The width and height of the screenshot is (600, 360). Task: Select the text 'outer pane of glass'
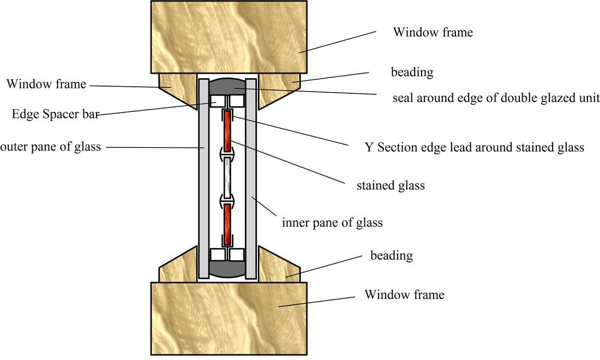(50, 147)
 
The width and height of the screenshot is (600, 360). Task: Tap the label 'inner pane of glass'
(332, 223)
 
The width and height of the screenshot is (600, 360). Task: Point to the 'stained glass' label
(390, 185)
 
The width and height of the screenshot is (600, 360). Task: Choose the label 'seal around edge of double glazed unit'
(496, 98)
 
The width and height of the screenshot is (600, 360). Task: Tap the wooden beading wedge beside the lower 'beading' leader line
(276, 267)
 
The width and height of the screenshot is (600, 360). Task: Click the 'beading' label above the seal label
(412, 72)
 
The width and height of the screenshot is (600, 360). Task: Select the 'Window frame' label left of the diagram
(46, 84)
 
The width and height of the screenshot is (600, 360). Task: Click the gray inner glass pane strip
(251, 177)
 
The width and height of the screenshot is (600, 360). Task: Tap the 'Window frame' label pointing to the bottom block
(404, 295)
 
